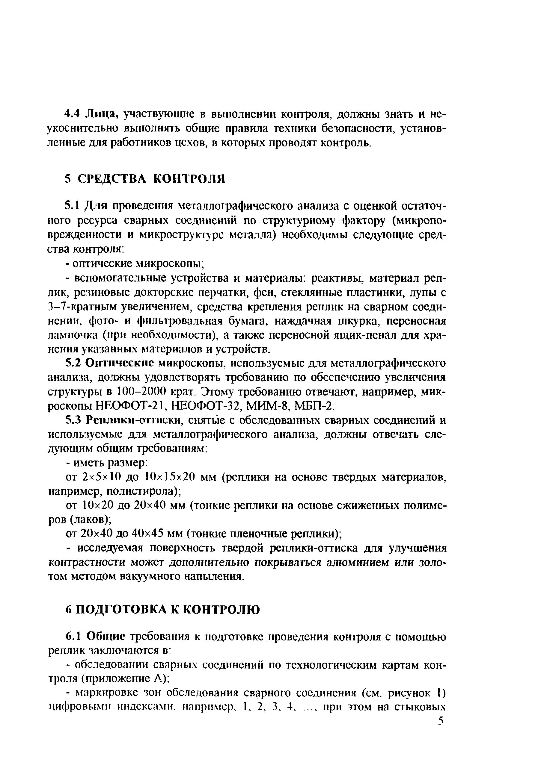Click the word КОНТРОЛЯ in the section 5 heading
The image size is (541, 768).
189,179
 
